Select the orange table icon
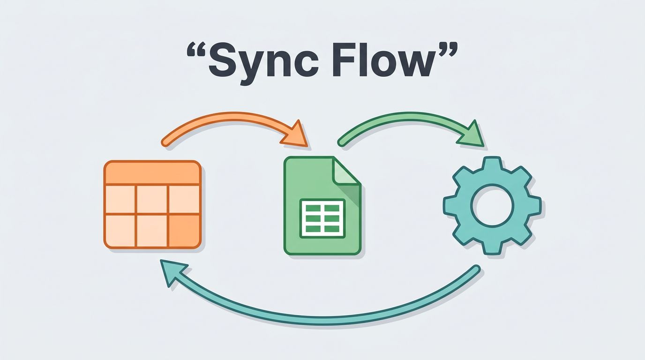tap(152, 204)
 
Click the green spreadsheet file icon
tap(322, 206)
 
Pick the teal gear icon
tap(492, 206)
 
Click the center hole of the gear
tap(492, 206)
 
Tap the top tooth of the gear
tap(492, 165)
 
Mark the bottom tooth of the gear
tap(492, 247)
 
